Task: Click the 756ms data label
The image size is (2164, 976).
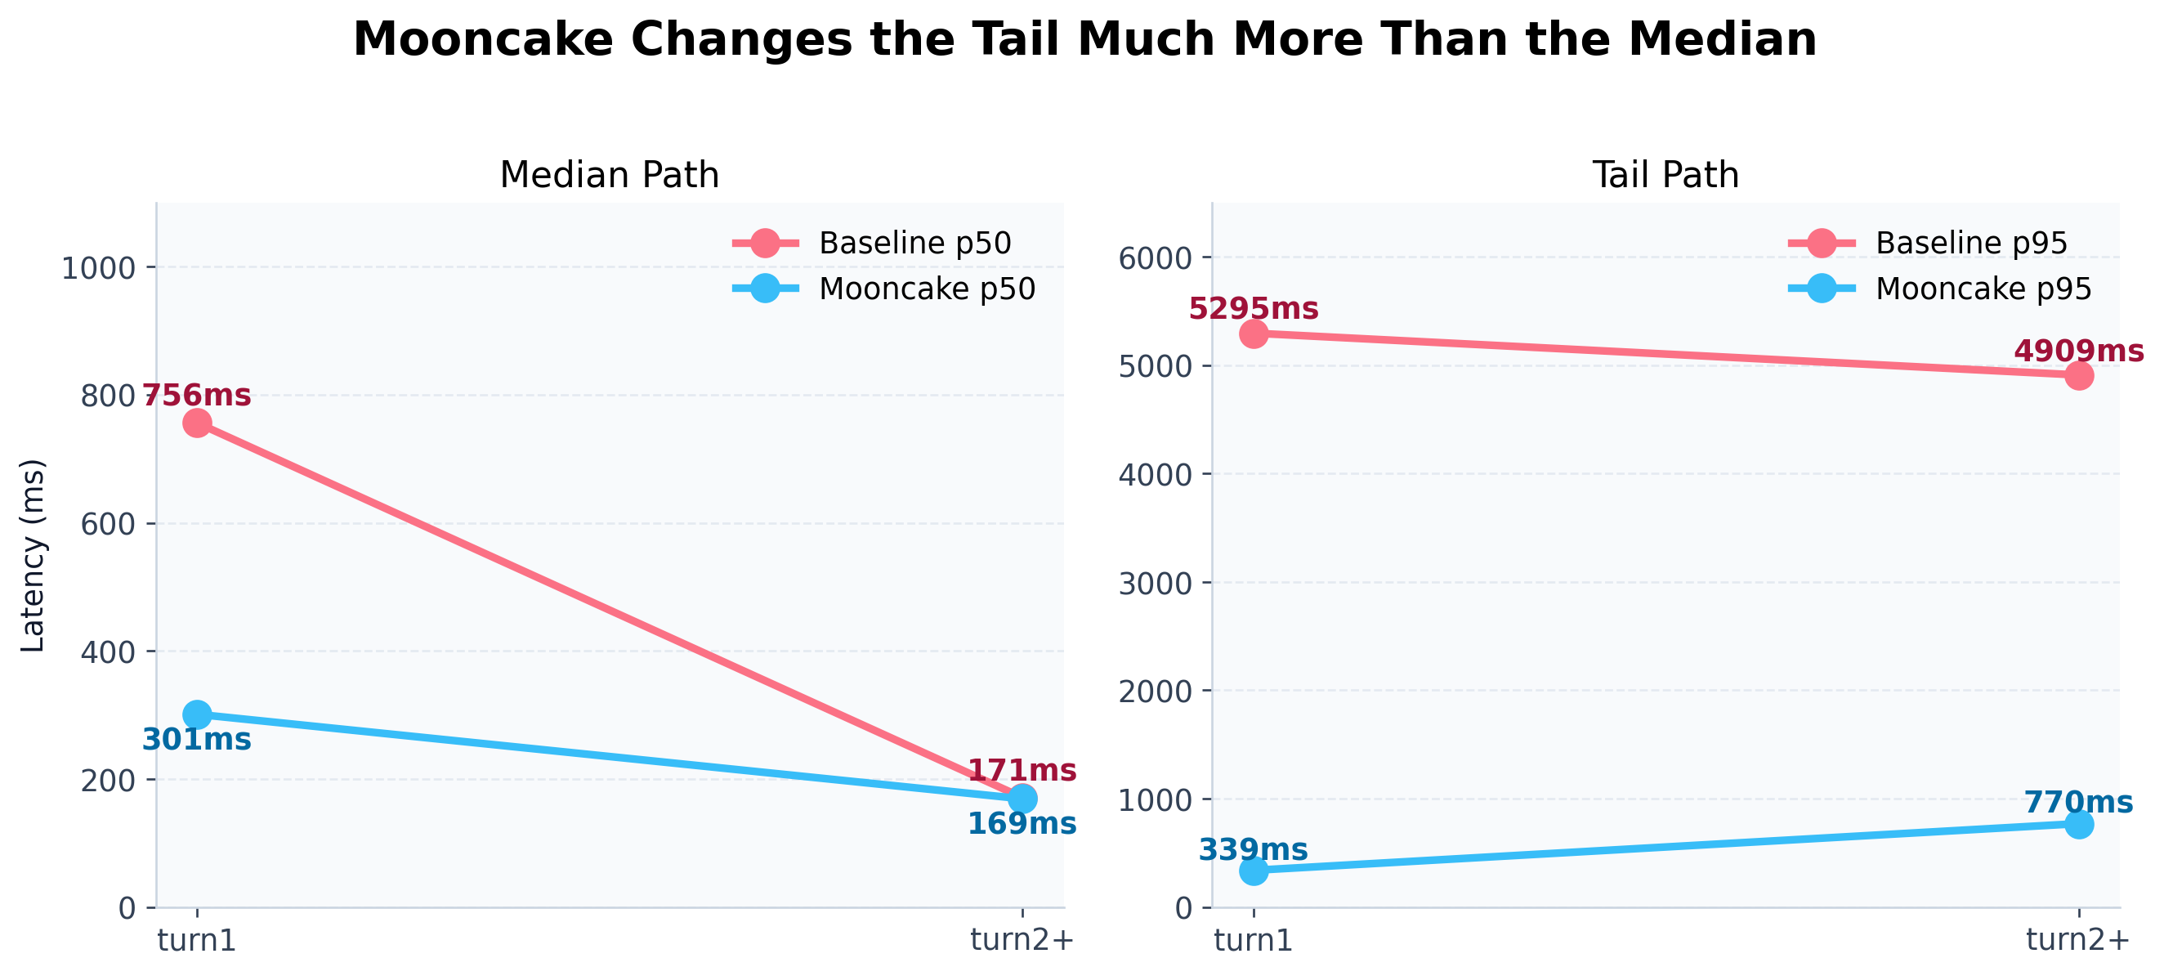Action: pyautogui.click(x=197, y=396)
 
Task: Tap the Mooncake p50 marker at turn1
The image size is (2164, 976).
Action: pyautogui.click(x=197, y=714)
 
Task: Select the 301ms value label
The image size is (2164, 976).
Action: pyautogui.click(x=197, y=741)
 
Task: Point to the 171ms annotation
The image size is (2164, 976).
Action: pyautogui.click(x=1022, y=771)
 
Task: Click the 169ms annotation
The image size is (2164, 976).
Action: pyautogui.click(x=1022, y=825)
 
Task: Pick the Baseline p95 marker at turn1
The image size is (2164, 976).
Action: pyautogui.click(x=1254, y=334)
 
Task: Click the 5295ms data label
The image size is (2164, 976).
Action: pyautogui.click(x=1254, y=309)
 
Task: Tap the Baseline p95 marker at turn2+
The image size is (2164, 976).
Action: pyautogui.click(x=2078, y=375)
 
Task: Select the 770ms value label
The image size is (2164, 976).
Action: pyautogui.click(x=2078, y=803)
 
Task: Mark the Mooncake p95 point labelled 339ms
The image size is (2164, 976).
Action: pyautogui.click(x=1254, y=872)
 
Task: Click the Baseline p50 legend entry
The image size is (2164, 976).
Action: pyautogui.click(x=914, y=244)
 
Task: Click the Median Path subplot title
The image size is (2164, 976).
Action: pyautogui.click(x=609, y=176)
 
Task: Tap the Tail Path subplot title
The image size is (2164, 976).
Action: pyautogui.click(x=1665, y=176)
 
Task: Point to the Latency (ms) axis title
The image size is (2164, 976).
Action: pyautogui.click(x=33, y=555)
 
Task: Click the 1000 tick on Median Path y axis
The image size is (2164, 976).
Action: pyautogui.click(x=98, y=269)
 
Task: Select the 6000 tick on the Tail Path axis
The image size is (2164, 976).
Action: pyautogui.click(x=1155, y=258)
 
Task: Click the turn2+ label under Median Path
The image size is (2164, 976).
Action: pyautogui.click(x=1022, y=940)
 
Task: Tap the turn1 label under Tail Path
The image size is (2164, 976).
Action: pyautogui.click(x=1254, y=941)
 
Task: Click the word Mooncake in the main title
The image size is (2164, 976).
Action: pyautogui.click(x=482, y=39)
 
